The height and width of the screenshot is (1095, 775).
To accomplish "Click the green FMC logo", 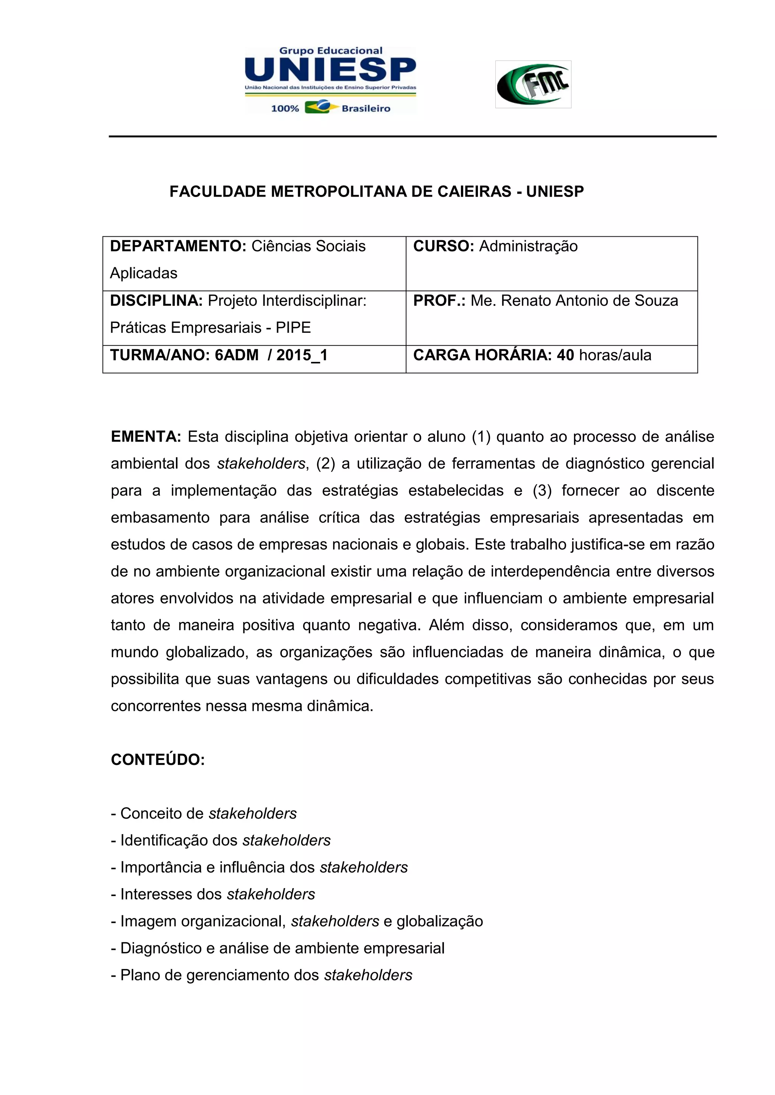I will pos(533,84).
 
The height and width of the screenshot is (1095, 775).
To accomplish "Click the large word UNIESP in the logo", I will pos(330,70).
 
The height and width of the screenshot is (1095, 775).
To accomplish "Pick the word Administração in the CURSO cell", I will pos(528,247).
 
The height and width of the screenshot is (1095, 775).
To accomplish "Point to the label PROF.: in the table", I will pos(439,301).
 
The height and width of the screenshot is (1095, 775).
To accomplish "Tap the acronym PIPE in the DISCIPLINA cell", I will pos(293,328).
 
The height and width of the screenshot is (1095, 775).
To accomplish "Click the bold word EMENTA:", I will pos(146,437).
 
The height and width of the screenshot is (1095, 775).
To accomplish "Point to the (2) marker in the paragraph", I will pos(326,464).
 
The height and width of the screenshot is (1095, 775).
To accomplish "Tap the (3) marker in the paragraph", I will pos(542,491).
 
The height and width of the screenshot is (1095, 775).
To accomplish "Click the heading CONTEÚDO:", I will pos(158,760).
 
